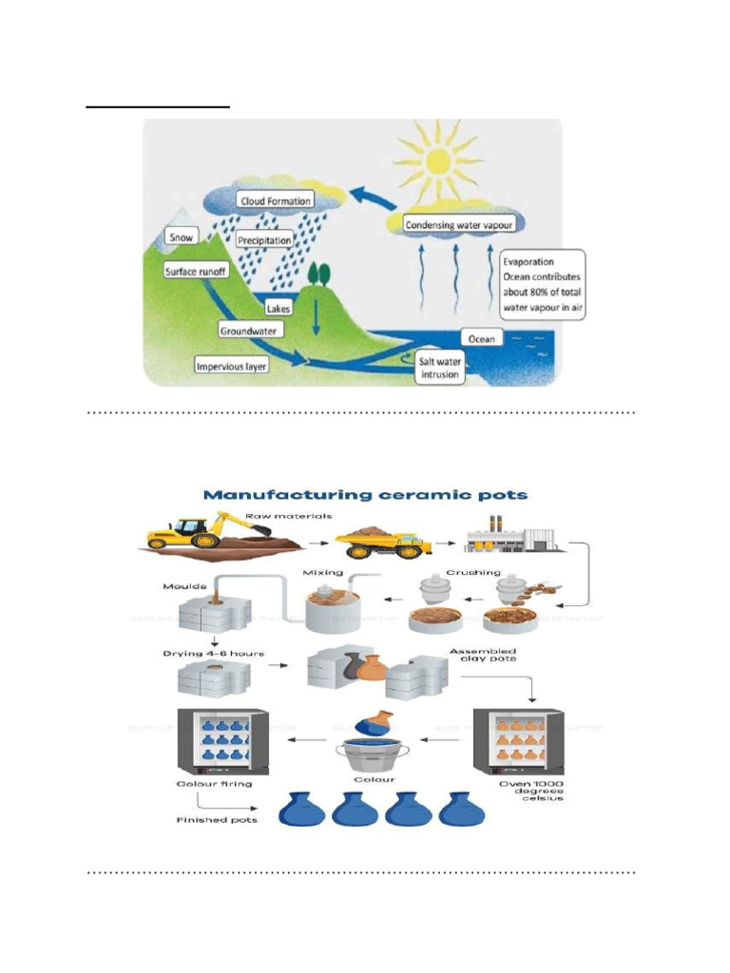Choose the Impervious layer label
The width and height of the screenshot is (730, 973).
pyautogui.click(x=231, y=365)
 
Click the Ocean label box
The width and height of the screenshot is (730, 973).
pyautogui.click(x=482, y=338)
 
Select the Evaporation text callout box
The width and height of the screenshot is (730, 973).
pyautogui.click(x=542, y=285)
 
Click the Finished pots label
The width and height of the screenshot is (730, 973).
pyautogui.click(x=216, y=819)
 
